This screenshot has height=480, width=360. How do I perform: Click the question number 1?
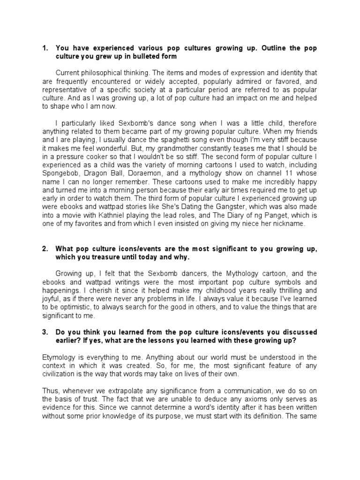[45, 48]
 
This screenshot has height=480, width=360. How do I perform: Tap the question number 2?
[45, 248]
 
